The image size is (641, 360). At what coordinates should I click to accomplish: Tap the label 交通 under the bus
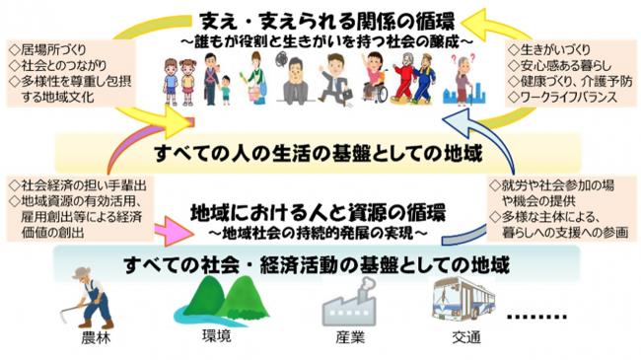[x=466, y=341]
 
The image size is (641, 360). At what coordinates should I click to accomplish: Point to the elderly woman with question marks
[x=463, y=79]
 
